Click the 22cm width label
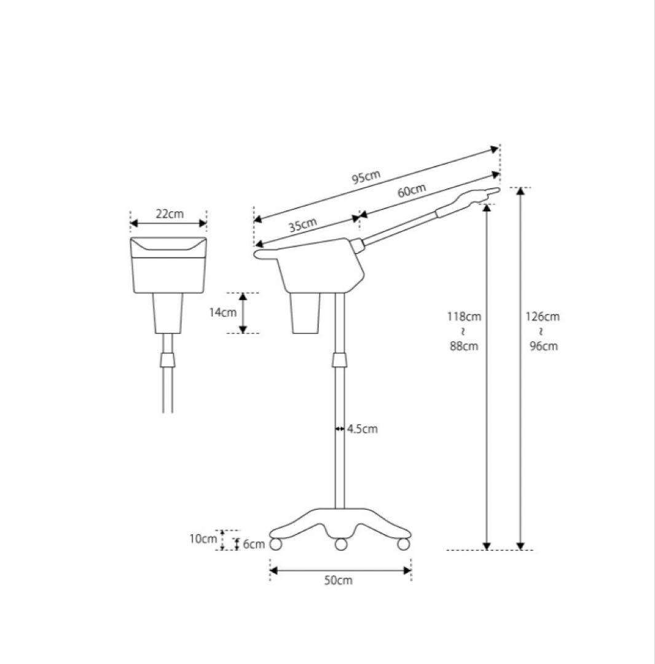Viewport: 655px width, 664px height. point(169,213)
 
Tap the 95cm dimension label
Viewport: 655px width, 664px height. point(366,177)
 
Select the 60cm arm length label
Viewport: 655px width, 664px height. point(411,191)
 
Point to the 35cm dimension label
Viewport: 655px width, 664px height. point(302,225)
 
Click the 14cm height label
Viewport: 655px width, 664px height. point(222,312)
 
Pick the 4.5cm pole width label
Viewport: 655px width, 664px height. point(362,429)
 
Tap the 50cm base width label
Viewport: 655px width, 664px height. point(338,580)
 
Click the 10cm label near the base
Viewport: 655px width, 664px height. point(203,539)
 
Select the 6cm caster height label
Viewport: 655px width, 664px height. point(254,544)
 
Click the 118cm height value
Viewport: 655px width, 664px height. point(464,317)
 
